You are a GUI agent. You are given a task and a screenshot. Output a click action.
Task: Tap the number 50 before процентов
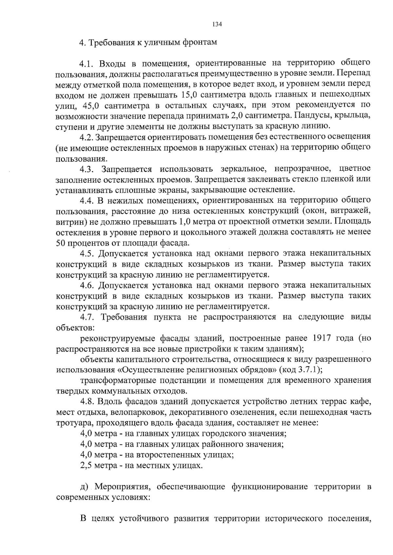[61, 243]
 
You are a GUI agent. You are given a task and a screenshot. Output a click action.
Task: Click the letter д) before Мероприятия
[84, 487]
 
